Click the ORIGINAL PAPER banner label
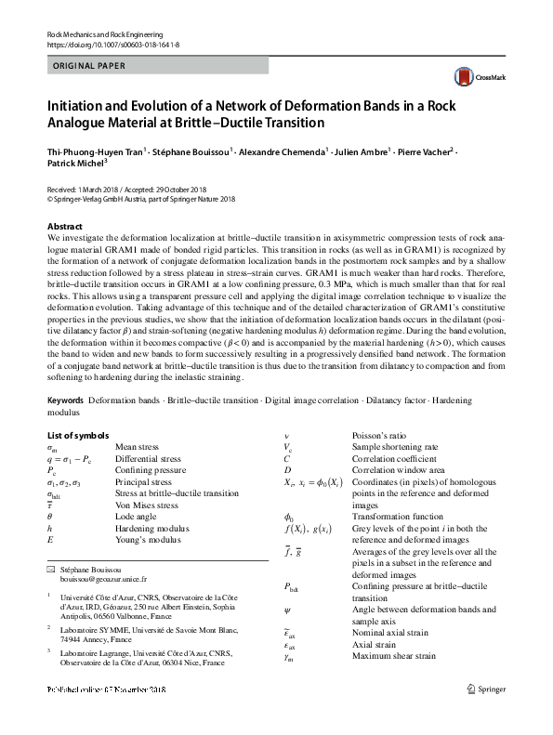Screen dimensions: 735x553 86,64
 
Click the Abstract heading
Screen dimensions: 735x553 65,226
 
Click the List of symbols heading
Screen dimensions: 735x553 80,435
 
